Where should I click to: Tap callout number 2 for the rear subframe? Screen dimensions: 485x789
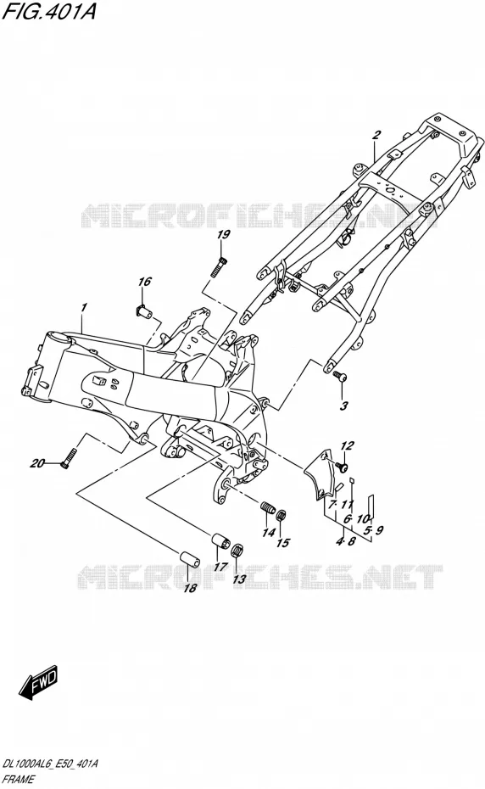[x=376, y=134]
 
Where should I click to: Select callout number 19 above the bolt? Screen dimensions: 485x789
[x=223, y=235]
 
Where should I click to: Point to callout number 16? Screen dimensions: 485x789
[x=145, y=282]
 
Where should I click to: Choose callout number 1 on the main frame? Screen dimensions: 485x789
[x=84, y=307]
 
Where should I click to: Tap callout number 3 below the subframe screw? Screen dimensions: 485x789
[x=343, y=406]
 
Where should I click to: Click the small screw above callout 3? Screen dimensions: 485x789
[x=340, y=374]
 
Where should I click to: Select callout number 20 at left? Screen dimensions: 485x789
[x=37, y=463]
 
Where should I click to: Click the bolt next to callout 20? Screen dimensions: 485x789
[x=69, y=459]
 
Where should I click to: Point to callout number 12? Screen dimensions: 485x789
[x=347, y=445]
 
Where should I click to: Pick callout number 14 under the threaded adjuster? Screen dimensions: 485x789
[x=269, y=532]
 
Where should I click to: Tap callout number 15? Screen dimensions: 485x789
[x=282, y=542]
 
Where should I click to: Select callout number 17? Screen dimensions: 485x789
[x=220, y=566]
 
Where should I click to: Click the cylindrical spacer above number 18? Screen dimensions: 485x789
[x=189, y=560]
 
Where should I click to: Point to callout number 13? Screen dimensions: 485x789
[x=239, y=579]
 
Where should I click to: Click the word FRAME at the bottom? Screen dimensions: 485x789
[x=18, y=780]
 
